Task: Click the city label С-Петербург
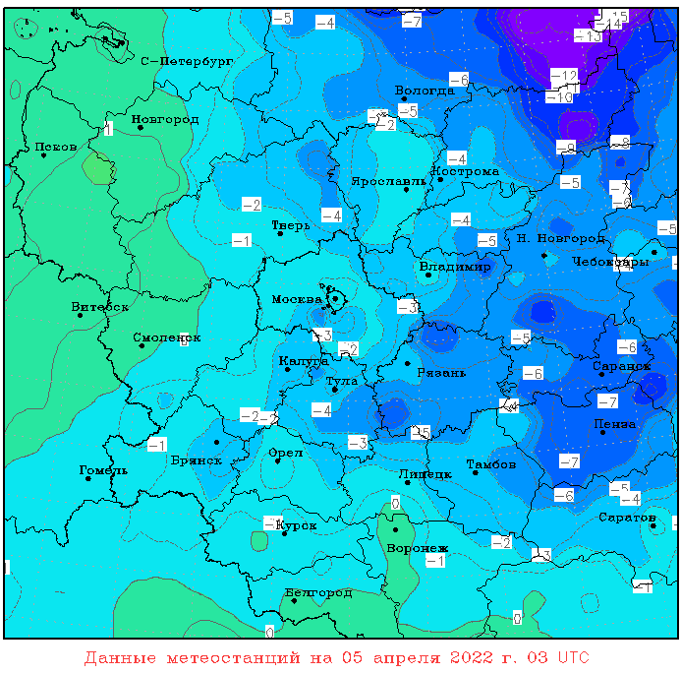tap(187, 61)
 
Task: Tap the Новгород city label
tap(165, 120)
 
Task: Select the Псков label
tap(55, 148)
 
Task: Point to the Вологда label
tap(424, 91)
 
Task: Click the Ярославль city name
tap(389, 181)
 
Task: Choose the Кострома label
tap(466, 171)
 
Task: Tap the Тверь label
tap(291, 225)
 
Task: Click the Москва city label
tap(296, 299)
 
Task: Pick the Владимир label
tap(455, 268)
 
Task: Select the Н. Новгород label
tap(560, 239)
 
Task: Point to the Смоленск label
tap(166, 337)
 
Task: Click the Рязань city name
tap(441, 373)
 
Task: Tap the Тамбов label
tap(491, 463)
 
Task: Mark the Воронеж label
tap(418, 548)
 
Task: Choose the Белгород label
tap(318, 592)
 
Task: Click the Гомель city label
tap(103, 470)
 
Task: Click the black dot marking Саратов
tap(653, 525)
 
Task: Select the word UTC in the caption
tap(575, 656)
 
